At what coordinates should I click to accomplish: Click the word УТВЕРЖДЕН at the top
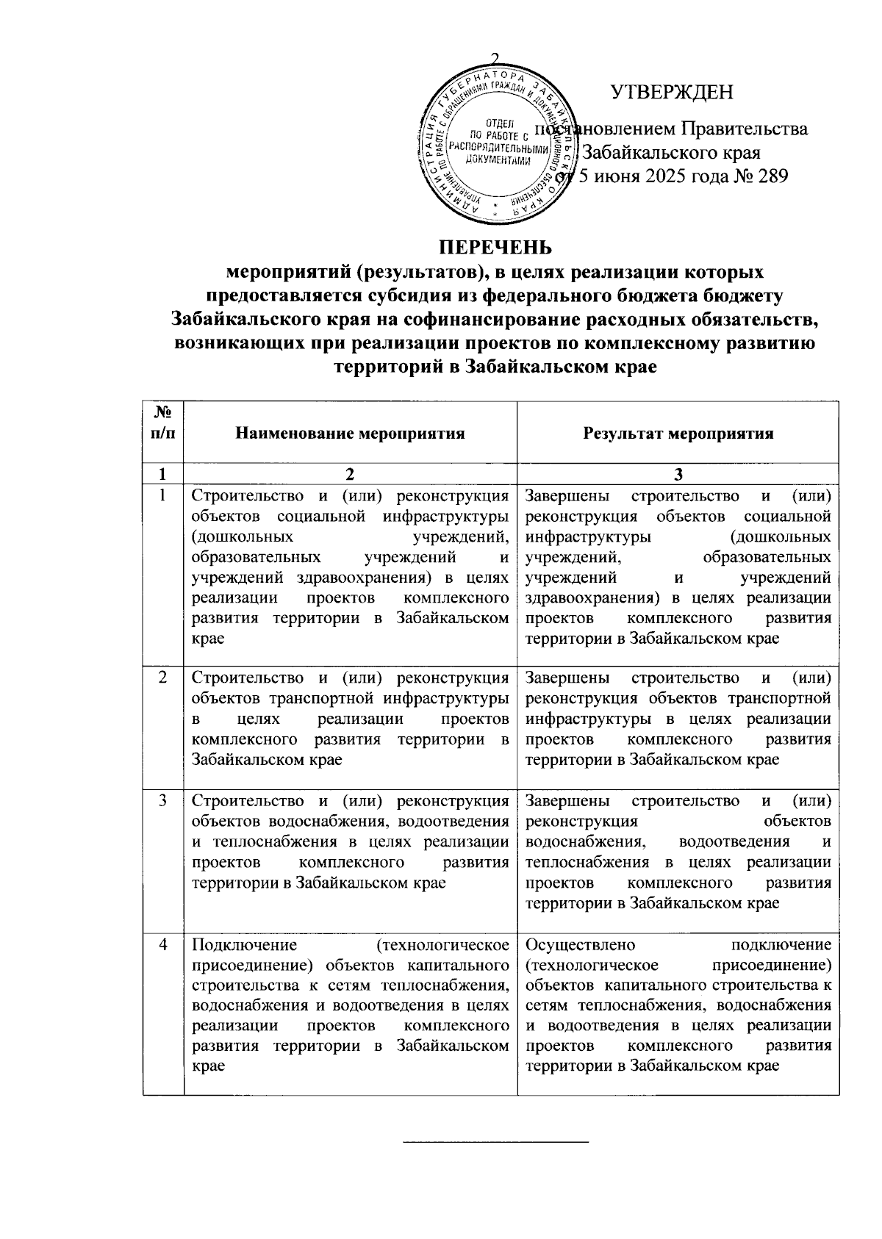pyautogui.click(x=672, y=93)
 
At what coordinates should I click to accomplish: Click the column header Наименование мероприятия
pyautogui.click(x=350, y=434)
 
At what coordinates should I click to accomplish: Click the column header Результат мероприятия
pyautogui.click(x=678, y=434)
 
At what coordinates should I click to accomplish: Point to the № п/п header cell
pyautogui.click(x=162, y=424)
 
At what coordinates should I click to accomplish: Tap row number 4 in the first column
pyautogui.click(x=162, y=944)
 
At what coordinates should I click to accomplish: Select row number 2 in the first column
pyautogui.click(x=162, y=677)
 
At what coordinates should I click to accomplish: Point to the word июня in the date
pyautogui.click(x=617, y=176)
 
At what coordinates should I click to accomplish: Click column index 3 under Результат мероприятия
pyautogui.click(x=678, y=474)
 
